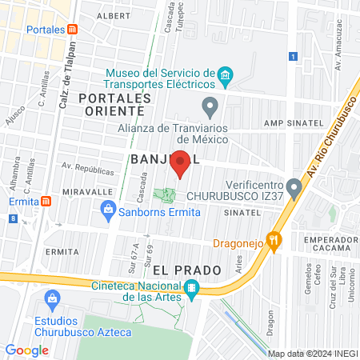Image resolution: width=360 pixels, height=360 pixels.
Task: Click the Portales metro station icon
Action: [73, 30]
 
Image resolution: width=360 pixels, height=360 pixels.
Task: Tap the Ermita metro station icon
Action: [46, 201]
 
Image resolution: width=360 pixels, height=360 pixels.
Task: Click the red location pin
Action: [181, 162]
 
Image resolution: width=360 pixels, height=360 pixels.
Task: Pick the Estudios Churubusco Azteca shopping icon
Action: [54, 300]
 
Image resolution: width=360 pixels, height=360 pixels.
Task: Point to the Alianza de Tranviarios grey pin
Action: [210, 105]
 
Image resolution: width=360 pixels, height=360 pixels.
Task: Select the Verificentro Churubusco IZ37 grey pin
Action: [294, 189]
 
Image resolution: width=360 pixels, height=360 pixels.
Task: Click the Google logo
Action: [26, 350]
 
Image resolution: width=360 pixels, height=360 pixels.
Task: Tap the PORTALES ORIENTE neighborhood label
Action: [115, 103]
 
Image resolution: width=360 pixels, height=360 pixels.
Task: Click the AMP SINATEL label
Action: [293, 124]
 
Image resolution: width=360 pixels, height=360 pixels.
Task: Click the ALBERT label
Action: [112, 15]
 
